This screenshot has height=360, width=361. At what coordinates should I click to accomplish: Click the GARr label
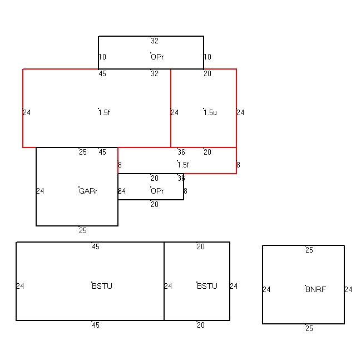88,191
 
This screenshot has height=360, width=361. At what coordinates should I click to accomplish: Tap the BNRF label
315,289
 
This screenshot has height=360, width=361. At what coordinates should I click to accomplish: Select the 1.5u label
210,112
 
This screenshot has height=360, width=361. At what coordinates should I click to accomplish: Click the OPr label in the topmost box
157,57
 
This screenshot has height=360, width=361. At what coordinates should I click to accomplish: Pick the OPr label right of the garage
157,191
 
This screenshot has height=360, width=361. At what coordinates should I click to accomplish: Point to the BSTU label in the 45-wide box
102,286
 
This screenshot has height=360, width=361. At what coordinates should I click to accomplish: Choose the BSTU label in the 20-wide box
207,286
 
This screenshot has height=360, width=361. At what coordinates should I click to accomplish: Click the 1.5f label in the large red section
104,112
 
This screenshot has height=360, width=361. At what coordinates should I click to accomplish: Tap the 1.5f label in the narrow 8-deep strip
183,165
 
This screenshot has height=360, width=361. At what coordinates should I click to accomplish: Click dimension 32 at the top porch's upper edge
155,41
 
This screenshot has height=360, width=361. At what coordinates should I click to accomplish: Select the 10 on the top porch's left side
102,57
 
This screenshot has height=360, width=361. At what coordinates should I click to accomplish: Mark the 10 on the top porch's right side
207,57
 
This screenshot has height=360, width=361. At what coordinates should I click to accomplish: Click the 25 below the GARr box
83,230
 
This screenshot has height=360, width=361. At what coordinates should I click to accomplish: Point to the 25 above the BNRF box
309,250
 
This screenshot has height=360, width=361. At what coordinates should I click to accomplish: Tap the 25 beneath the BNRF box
309,328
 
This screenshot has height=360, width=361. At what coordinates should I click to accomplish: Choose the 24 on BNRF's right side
348,289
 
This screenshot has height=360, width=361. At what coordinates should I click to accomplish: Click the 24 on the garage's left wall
40,191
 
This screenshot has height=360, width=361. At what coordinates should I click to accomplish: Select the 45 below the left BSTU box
96,325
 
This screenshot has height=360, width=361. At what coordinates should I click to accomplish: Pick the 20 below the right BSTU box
201,325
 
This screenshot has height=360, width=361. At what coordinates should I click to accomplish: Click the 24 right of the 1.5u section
240,112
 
